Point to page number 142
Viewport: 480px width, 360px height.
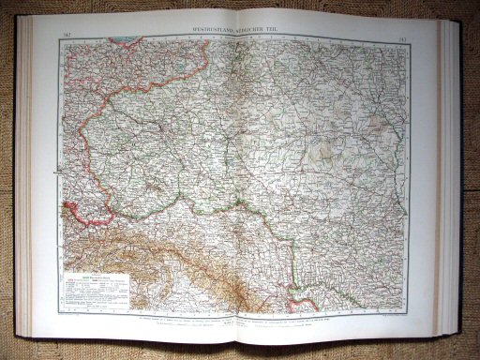tap(60, 31)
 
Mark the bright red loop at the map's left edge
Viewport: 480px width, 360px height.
tap(66, 215)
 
